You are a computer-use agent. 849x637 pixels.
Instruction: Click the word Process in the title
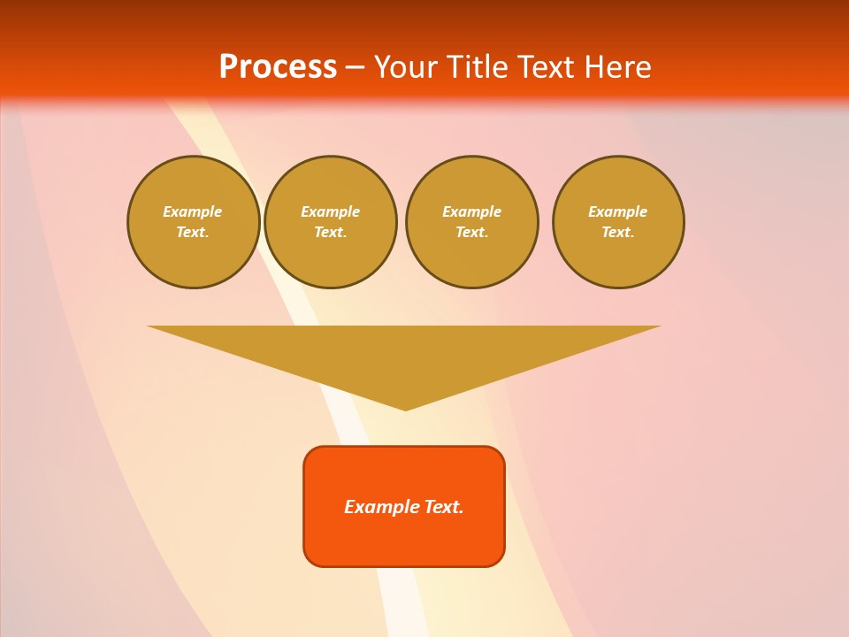278,67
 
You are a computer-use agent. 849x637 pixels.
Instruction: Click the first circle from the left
194,222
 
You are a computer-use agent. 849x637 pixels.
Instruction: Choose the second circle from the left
331,222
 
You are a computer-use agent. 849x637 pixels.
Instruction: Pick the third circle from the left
472,222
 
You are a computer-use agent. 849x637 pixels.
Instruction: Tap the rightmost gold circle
618,222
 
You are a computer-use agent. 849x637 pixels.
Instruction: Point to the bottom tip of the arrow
405,409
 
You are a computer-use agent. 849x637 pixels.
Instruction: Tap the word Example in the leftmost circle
193,211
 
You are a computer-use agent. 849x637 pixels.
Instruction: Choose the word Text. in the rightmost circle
618,233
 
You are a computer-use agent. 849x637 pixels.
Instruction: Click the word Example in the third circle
472,211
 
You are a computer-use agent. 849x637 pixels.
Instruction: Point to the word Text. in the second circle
331,233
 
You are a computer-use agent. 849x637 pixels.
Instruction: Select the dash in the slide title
355,67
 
